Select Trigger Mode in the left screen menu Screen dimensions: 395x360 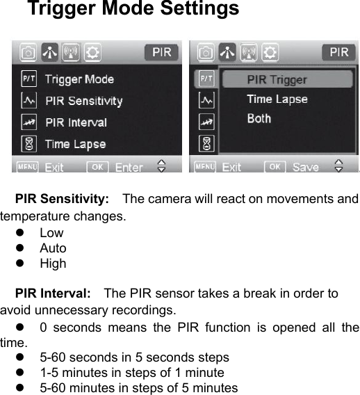79,79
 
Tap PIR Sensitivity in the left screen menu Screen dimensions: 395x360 83,101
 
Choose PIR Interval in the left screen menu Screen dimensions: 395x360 76,122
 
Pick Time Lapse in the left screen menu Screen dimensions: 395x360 75,144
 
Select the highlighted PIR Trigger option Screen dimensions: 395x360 277,79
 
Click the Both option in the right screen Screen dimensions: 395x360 259,118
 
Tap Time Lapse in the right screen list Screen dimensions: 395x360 277,99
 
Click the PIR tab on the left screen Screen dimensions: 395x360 161,52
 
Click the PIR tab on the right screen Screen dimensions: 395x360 338,52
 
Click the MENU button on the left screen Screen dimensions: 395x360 28,167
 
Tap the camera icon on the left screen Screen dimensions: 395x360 28,52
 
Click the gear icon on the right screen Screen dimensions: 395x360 270,52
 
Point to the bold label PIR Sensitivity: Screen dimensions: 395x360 62,200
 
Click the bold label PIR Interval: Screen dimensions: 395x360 53,293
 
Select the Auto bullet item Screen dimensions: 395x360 53,248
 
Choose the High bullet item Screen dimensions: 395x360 53,264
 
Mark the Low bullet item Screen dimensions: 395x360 51,233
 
